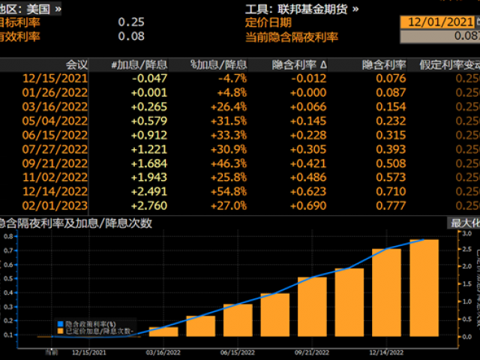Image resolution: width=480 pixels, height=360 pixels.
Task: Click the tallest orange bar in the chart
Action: [424, 289]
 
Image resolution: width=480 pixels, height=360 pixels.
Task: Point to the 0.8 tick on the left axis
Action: [10, 235]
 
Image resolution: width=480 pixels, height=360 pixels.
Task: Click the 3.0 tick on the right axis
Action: [466, 235]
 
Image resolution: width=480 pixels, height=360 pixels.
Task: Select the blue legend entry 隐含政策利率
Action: [93, 323]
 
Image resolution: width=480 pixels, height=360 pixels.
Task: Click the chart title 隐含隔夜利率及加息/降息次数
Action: [75, 223]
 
